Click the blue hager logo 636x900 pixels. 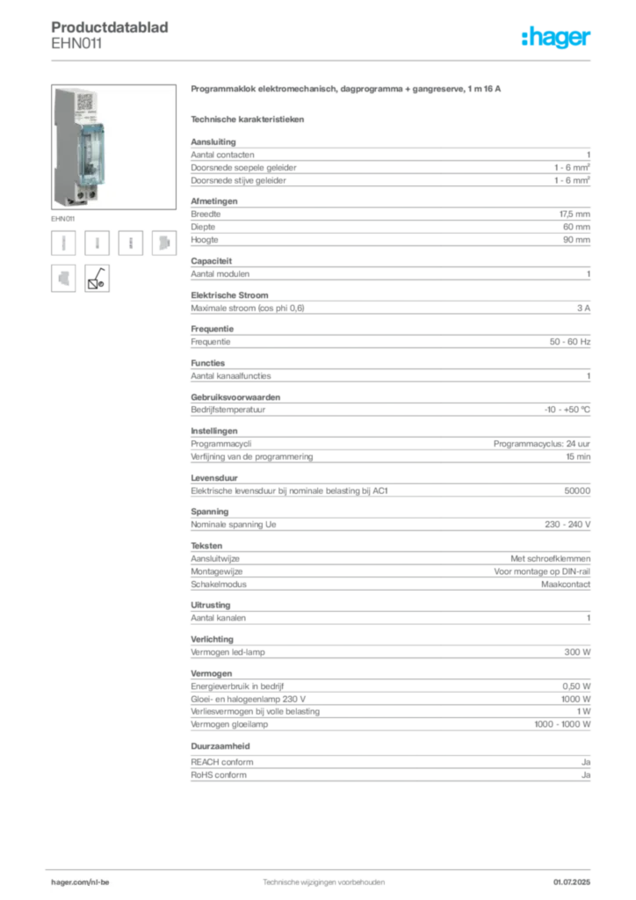click(x=557, y=38)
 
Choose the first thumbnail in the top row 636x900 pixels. click(x=63, y=243)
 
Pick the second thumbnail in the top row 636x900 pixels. click(x=98, y=243)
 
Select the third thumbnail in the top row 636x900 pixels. click(x=130, y=243)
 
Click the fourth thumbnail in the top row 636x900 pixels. click(x=163, y=243)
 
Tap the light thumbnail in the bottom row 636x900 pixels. click(x=63, y=277)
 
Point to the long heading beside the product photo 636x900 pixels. click(x=347, y=91)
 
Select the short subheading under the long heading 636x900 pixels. click(x=249, y=118)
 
